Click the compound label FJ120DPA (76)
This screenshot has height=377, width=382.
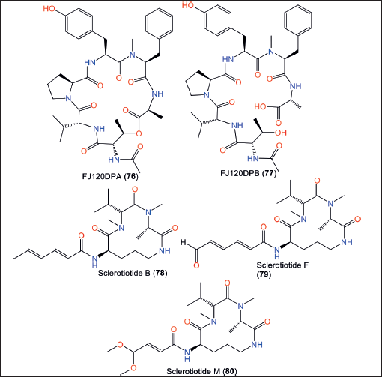tap(110, 176)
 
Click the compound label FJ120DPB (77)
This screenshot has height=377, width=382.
tap(249, 173)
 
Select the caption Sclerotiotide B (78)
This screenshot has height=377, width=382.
tap(133, 273)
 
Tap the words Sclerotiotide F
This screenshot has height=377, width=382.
tap(282, 265)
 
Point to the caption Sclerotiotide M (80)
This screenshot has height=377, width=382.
tap(201, 371)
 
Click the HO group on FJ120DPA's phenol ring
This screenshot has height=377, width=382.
tap(49, 9)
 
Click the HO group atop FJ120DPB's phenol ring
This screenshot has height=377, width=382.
tap(188, 5)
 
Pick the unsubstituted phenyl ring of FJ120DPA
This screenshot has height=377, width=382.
tap(159, 24)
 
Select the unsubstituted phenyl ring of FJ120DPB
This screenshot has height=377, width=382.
tap(298, 20)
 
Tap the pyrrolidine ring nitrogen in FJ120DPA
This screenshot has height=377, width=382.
tap(68, 98)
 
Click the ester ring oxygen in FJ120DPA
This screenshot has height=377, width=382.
tap(139, 133)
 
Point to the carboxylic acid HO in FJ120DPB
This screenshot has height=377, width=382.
tap(260, 107)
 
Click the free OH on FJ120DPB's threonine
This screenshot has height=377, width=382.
tap(281, 133)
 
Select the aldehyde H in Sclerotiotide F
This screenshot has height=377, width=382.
tap(184, 242)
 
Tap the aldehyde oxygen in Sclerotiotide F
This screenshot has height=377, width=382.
tap(196, 265)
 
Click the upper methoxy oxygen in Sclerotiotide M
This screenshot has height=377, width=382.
tap(121, 345)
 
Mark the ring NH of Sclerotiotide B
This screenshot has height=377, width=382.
tap(165, 251)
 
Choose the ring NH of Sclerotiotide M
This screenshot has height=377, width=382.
tap(257, 345)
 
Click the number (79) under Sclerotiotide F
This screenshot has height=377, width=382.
tap(264, 274)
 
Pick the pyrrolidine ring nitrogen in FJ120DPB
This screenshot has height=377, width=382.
tap(207, 95)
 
